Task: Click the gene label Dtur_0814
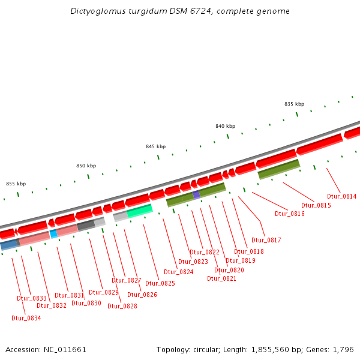tap(341, 196)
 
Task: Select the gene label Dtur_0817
tap(266, 240)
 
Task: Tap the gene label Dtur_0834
tap(26, 318)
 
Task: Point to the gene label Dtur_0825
tap(160, 283)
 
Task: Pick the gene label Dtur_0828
tap(122, 306)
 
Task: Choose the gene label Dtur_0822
tap(205, 252)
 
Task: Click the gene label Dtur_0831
tap(69, 295)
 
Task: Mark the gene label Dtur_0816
tap(289, 214)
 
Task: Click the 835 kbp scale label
tap(294, 104)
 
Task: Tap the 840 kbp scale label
tap(225, 126)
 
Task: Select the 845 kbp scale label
tap(155, 146)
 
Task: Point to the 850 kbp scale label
tap(86, 166)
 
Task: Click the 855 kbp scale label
tap(16, 184)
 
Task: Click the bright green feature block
tap(140, 210)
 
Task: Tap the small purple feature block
tap(196, 194)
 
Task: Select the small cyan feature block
tap(53, 233)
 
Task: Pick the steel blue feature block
tap(10, 244)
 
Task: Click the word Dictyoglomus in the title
tap(97, 11)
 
